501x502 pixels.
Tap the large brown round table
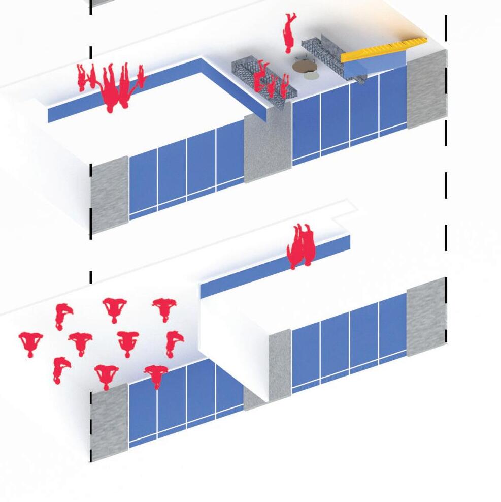point(304,66)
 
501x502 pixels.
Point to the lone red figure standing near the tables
point(289,33)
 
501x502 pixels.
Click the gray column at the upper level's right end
point(426,89)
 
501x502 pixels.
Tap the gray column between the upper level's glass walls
point(268,147)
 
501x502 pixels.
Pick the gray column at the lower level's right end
point(426,318)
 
